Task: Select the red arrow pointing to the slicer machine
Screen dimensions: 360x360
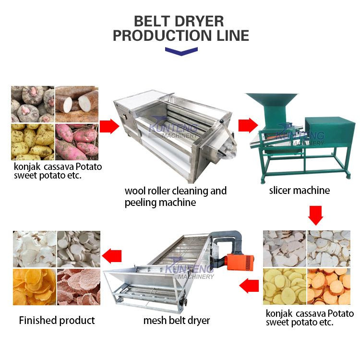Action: [x=248, y=126]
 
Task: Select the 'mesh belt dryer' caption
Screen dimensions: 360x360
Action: [x=176, y=320]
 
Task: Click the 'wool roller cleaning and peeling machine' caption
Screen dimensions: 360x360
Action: [x=175, y=196]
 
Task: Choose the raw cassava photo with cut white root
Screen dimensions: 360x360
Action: [x=77, y=104]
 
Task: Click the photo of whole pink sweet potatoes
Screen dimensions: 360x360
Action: [x=77, y=142]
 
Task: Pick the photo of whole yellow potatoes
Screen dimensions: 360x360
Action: [x=32, y=142]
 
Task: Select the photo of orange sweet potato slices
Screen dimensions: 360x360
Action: [x=329, y=287]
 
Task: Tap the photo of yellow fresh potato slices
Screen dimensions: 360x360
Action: [x=284, y=287]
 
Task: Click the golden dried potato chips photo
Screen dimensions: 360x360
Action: [x=34, y=287]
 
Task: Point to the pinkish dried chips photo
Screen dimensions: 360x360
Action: [x=79, y=287]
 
